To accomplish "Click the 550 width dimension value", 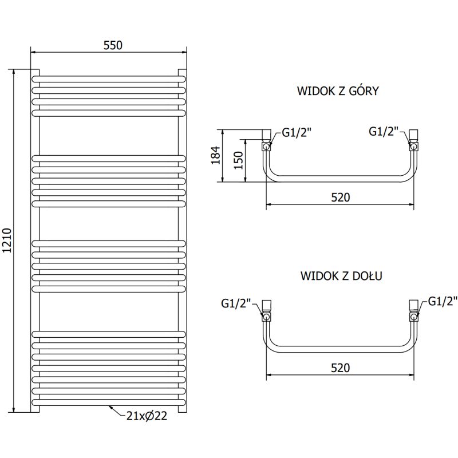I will (x=113, y=45).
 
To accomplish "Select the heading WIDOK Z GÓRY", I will (x=338, y=91).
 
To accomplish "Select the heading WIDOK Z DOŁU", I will (x=341, y=275).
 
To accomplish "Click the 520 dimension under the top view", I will (x=340, y=197).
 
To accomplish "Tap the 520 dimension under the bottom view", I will (x=340, y=368).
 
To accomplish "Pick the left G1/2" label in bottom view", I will (x=236, y=303).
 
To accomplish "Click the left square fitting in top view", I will (x=266, y=135).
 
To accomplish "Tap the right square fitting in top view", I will (x=414, y=135).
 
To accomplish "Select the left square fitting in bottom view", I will (x=267, y=305).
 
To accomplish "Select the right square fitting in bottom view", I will (x=414, y=305).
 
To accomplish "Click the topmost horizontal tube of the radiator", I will (x=109, y=78).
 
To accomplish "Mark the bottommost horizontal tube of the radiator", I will (x=109, y=404).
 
